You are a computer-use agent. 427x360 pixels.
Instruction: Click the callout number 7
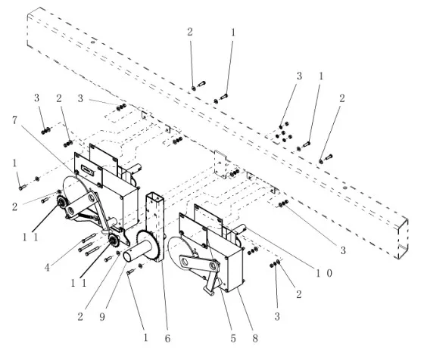[14, 120]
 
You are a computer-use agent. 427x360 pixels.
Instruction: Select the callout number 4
[47, 268]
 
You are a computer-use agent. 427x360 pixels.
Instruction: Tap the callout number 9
[102, 317]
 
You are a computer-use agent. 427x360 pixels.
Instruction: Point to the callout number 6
[167, 338]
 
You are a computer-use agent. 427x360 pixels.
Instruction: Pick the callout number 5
[233, 339]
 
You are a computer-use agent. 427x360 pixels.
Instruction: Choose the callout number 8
[255, 339]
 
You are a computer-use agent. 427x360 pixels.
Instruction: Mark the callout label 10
[324, 273]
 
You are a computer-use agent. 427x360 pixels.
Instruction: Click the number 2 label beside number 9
[80, 317]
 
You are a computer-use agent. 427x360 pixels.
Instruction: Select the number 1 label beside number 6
[145, 338]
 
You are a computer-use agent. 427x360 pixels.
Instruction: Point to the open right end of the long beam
[403, 237]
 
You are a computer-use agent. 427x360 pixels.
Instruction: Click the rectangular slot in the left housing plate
[89, 170]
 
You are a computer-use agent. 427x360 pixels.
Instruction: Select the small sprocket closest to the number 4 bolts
[114, 241]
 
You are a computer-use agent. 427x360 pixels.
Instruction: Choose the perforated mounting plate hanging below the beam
[221, 164]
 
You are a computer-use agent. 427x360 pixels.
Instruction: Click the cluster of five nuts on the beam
[284, 132]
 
